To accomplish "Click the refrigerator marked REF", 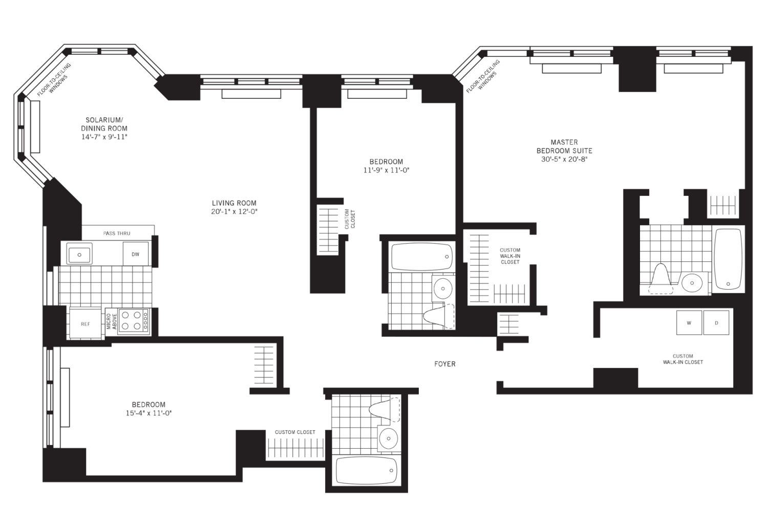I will (85, 323).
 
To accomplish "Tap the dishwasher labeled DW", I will (136, 254).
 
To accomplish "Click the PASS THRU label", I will (117, 233).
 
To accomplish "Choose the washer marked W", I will (689, 322).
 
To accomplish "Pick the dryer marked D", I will (716, 322).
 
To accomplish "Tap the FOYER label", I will (444, 364).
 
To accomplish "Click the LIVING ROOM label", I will (234, 203).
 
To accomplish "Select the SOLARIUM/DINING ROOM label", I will (104, 124).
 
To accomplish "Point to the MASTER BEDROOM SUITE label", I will (564, 146).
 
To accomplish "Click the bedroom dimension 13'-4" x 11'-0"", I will (148, 413).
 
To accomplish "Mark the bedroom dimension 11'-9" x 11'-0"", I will (386, 170).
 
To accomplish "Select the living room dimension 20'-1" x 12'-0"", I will (234, 211).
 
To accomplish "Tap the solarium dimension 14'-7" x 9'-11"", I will (104, 137).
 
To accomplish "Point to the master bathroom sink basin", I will (692, 282).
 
